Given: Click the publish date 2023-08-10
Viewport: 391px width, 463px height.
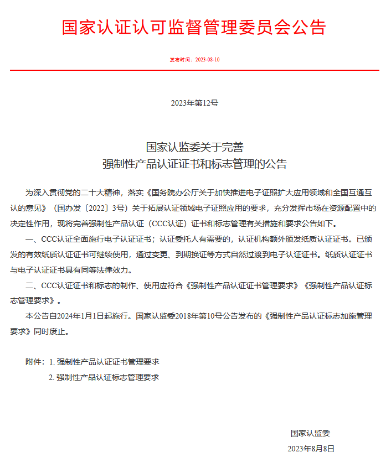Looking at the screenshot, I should (x=208, y=60).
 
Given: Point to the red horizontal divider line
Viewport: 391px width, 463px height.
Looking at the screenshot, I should (x=194, y=70).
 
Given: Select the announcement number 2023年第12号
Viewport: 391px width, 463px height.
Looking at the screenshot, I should (x=194, y=103).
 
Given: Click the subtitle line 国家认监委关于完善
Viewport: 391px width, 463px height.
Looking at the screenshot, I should (x=194, y=147).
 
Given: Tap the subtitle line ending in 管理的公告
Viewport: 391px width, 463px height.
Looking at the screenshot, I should (x=194, y=164).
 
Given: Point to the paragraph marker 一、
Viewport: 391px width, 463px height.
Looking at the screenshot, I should (x=31, y=240).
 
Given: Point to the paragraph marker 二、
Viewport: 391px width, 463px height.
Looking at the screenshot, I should (x=31, y=286).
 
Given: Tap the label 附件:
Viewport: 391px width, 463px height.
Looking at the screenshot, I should (x=35, y=362).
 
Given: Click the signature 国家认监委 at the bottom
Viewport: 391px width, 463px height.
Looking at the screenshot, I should (x=310, y=433).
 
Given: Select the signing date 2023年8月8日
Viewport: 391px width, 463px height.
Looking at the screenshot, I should (x=311, y=449).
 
